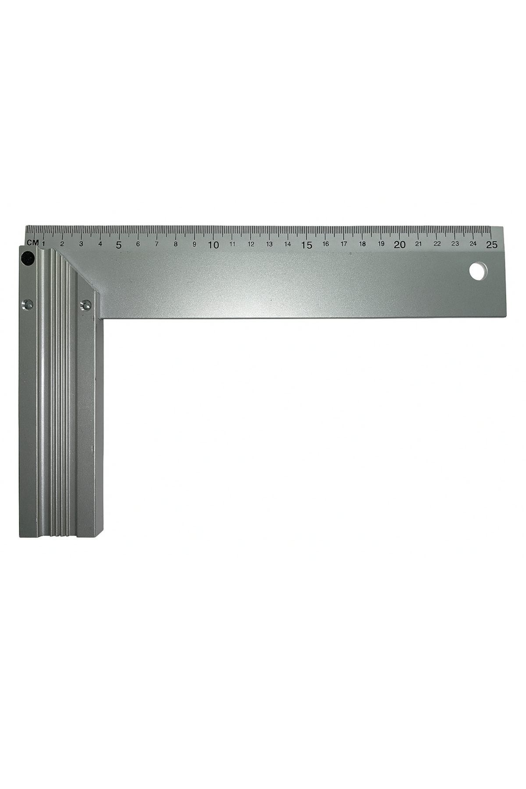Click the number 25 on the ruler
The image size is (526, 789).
[x=492, y=245]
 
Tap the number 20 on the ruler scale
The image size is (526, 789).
[x=399, y=245]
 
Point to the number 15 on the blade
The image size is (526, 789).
[x=306, y=245]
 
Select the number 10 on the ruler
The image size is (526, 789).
[x=213, y=245]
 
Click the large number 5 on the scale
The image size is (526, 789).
[x=119, y=245]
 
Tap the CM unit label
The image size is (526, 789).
[x=32, y=242]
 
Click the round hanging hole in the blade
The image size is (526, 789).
[x=478, y=270]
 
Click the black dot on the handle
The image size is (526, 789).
[x=28, y=259]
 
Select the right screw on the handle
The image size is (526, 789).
[x=85, y=305]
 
